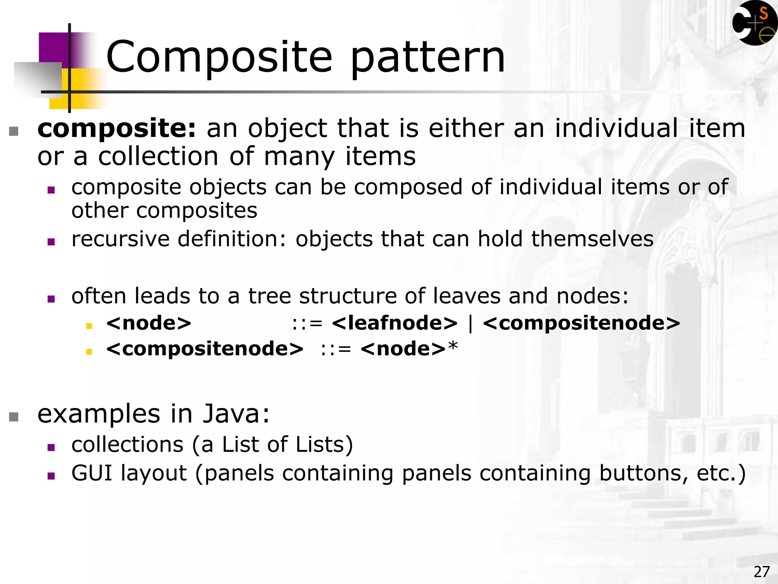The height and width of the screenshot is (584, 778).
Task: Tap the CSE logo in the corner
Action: point(754,24)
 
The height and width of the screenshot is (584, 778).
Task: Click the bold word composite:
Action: point(117,129)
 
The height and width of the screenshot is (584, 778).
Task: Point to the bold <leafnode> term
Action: point(394,323)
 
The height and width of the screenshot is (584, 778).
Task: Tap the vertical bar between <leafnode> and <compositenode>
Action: point(471,324)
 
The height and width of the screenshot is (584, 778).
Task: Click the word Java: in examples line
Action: point(236,414)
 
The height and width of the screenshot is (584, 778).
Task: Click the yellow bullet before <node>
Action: point(89,326)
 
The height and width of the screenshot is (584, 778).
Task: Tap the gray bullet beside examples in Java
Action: point(14,417)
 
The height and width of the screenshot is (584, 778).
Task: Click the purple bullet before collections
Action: point(51,448)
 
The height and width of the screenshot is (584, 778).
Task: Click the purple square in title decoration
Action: point(53,48)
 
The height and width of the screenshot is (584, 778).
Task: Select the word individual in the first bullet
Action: point(616,128)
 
